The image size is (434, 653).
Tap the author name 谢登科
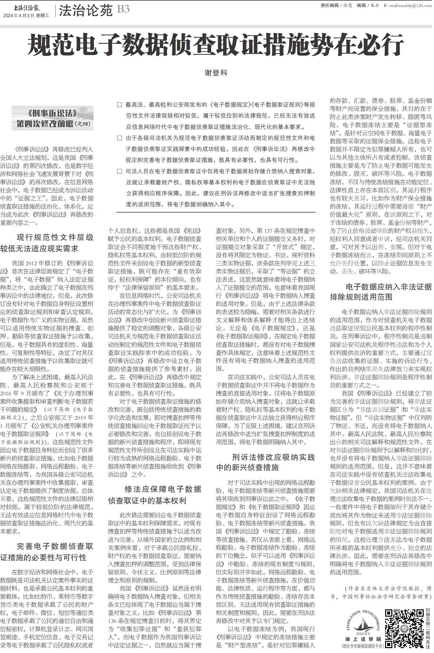click(216, 73)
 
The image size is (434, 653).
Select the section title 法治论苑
click(86, 11)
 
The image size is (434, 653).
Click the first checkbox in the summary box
click(119, 105)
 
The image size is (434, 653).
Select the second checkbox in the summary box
click(119, 138)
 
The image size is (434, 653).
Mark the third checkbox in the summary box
click(119, 171)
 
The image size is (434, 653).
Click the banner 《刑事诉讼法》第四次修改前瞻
click(53, 118)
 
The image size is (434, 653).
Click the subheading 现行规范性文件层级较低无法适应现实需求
click(47, 243)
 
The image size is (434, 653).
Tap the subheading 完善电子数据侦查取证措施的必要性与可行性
click(47, 552)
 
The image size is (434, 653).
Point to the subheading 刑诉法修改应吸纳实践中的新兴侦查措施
click(265, 462)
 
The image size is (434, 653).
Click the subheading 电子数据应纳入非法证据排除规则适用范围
click(381, 292)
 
